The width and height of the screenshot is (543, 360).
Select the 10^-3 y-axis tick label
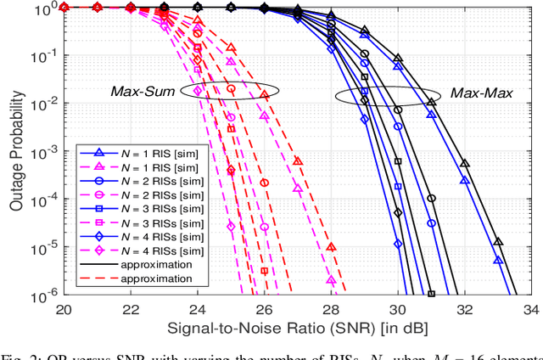point(45,150)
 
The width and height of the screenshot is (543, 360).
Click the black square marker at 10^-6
point(431,294)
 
